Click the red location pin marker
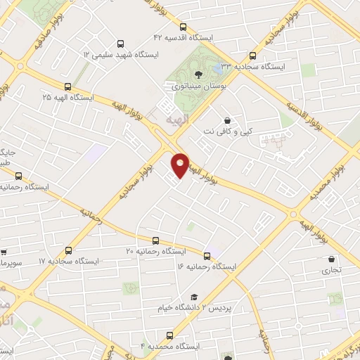coord(181,165)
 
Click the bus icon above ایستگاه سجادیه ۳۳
coord(253,56)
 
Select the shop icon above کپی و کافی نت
coord(226,121)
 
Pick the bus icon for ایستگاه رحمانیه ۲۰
coord(155,240)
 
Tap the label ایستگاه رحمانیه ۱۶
coord(207,266)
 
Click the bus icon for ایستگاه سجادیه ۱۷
coord(68,250)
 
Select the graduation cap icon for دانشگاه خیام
coord(194,297)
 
